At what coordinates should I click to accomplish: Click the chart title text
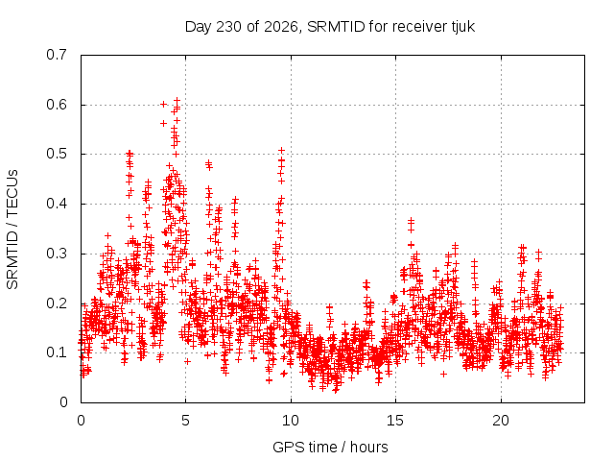(330, 27)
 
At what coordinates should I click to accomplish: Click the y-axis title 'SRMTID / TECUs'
(12, 230)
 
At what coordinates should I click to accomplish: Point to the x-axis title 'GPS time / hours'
(330, 447)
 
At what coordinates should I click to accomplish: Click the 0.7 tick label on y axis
(57, 55)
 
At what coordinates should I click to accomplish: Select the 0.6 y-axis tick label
(57, 105)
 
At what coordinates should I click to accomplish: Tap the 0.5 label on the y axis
(57, 154)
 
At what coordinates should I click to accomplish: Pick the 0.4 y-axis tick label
(57, 204)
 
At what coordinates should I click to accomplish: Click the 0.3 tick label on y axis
(57, 254)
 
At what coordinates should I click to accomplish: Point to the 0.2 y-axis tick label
(57, 303)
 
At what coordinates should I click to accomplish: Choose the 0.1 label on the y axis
(57, 352)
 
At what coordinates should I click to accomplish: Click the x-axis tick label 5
(185, 421)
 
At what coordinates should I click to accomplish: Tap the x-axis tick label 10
(291, 421)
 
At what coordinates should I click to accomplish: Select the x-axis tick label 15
(395, 421)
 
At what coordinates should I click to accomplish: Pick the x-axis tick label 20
(501, 421)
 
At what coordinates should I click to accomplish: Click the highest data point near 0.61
(177, 100)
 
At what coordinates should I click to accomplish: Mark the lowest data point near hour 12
(335, 390)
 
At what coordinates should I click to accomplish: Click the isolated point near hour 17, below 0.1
(443, 375)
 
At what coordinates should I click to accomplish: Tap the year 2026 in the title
(281, 27)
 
